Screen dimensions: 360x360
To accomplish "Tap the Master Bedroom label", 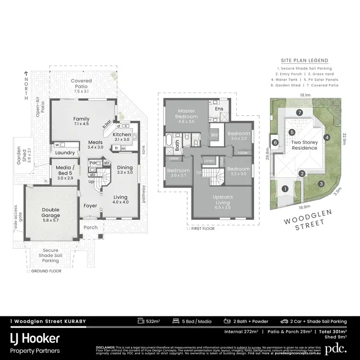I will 185,114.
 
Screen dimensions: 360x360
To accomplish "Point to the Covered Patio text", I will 82,84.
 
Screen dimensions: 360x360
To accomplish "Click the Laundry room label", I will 65,153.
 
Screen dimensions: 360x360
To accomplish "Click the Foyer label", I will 90,206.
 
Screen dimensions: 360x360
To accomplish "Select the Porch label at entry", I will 91,228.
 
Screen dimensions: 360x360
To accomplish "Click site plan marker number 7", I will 299,112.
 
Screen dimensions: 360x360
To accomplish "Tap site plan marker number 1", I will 285,189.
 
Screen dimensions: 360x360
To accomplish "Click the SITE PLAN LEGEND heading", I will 305,60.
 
